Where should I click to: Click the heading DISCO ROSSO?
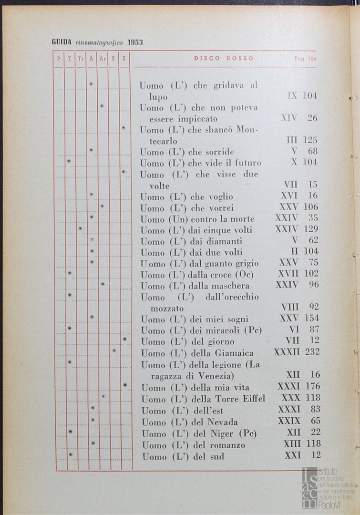point(224,59)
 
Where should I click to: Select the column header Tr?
point(81,59)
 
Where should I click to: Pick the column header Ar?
point(103,59)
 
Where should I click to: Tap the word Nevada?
point(222,422)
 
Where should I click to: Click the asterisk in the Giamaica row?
point(114,351)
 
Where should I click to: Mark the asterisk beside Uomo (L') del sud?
point(71,454)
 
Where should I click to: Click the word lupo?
point(158,97)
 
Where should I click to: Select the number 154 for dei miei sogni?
point(311,318)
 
